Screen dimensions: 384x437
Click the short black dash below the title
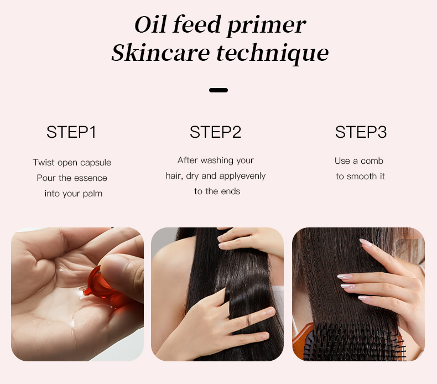coord(218,90)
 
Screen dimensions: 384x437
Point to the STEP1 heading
coord(71,132)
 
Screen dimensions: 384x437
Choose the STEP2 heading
coord(215,132)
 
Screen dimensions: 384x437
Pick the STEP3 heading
coord(361,132)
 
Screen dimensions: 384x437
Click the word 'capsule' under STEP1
coord(96,163)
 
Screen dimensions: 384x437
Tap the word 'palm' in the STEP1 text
coord(92,194)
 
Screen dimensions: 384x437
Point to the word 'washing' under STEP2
coord(217,160)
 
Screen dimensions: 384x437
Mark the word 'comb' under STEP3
coord(372,161)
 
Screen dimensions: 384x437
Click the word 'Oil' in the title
coord(150,25)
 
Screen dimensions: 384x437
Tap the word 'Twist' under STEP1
coord(44,163)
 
